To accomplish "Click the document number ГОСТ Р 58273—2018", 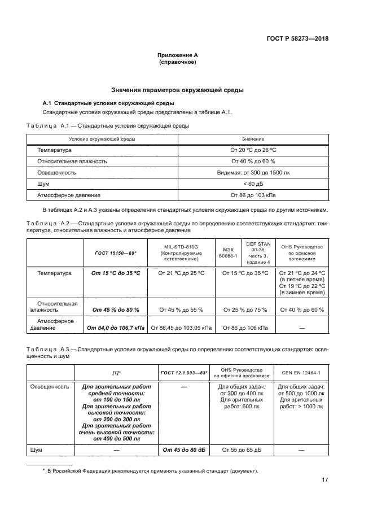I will [297, 39].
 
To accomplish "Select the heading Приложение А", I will [177, 55].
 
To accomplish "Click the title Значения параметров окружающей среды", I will [177, 90].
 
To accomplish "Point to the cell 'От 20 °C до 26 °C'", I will [253, 151].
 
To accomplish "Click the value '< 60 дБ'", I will [253, 184].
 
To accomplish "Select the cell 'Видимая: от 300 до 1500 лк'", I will [253, 173].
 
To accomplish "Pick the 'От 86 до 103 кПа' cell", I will [253, 195].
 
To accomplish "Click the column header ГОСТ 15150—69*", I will [116, 252].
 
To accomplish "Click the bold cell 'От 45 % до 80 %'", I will [116, 310].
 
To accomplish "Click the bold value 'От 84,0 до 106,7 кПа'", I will [116, 327].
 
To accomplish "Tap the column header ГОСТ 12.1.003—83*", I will [184, 373].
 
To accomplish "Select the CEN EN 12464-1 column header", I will [301, 373].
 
